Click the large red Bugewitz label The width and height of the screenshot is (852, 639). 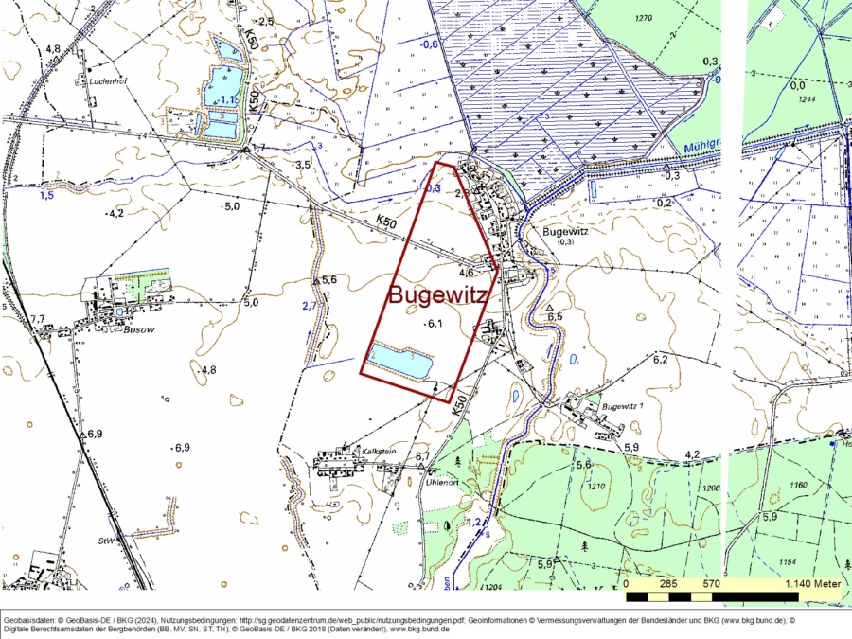438,295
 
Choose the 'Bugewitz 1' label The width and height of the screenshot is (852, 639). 622,407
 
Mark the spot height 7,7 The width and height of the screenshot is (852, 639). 37,319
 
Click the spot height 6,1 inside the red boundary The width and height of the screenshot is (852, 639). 435,324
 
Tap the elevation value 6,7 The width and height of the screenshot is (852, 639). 422,457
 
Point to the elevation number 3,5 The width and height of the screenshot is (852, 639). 303,165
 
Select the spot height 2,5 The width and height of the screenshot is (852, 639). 265,21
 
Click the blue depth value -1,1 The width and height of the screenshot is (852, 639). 227,99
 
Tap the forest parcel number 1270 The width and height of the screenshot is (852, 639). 645,18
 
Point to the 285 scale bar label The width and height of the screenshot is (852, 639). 667,584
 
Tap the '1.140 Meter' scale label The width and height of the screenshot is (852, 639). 812,584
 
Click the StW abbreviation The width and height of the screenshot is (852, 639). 105,541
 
